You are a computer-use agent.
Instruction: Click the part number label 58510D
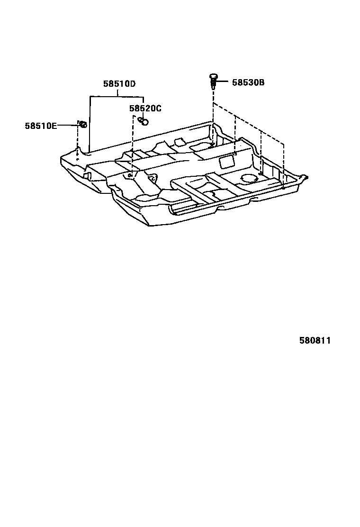(x=119, y=84)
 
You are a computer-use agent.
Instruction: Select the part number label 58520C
(x=145, y=109)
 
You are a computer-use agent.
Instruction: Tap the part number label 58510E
(x=41, y=126)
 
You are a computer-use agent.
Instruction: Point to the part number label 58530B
(x=248, y=82)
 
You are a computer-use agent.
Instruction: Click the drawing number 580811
(x=315, y=341)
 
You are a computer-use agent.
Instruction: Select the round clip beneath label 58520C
(x=144, y=121)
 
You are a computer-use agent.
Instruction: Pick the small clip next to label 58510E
(x=82, y=124)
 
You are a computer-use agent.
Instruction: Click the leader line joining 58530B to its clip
(x=224, y=82)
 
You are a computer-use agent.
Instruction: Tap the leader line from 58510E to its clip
(x=67, y=125)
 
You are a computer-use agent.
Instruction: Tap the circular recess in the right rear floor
(x=248, y=178)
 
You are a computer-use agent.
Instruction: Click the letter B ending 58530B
(x=261, y=82)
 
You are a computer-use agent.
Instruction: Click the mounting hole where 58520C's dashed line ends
(x=130, y=175)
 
